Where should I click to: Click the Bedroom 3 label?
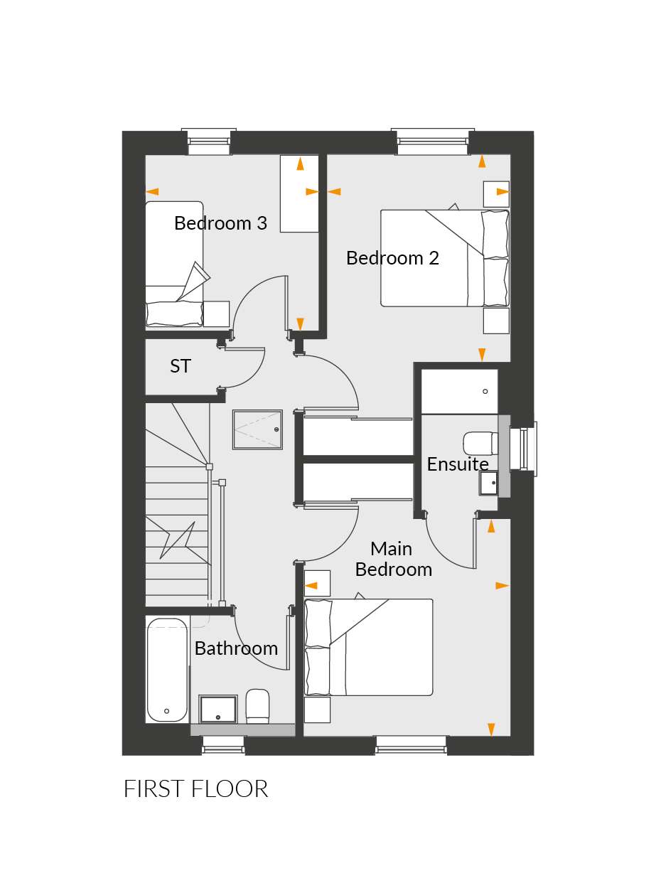tap(220, 223)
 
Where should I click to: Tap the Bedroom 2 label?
tap(392, 258)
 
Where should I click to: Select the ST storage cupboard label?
tap(181, 366)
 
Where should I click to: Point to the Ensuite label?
tap(458, 464)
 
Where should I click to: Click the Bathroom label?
tap(236, 648)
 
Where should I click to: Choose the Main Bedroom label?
tap(394, 559)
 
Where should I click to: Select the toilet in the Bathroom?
tap(257, 707)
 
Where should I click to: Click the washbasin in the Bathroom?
tap(218, 710)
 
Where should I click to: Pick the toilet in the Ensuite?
tap(480, 444)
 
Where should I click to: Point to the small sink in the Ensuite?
tap(488, 483)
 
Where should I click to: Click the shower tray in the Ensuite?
tap(459, 392)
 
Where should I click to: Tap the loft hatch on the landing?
tap(258, 429)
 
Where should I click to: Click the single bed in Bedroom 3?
tap(174, 264)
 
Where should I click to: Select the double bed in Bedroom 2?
tap(445, 258)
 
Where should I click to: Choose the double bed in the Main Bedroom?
tap(369, 647)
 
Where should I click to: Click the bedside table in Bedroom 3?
tap(217, 314)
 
